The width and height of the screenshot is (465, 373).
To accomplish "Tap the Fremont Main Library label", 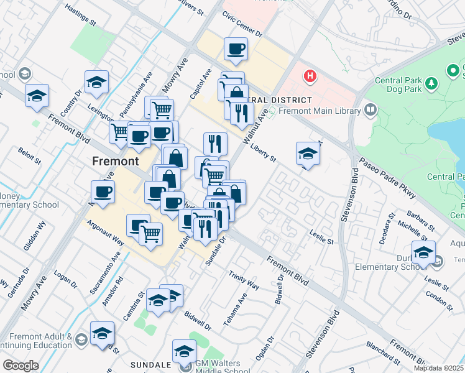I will [x=320, y=111].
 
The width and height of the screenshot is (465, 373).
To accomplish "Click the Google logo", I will [x=20, y=366].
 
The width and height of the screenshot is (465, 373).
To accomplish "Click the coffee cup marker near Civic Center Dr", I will [x=236, y=48].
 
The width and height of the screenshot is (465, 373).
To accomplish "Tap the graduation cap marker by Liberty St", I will [x=308, y=153].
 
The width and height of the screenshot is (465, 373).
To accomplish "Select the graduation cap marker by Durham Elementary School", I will [x=423, y=253].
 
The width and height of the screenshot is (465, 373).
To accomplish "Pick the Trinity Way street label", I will [x=244, y=280].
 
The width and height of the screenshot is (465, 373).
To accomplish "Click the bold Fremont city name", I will [x=115, y=161].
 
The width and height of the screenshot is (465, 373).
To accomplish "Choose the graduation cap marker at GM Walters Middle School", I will [x=184, y=351].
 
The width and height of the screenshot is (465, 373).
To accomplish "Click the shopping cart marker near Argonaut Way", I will [x=150, y=233].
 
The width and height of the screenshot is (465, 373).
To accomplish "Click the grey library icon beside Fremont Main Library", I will [x=371, y=111].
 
